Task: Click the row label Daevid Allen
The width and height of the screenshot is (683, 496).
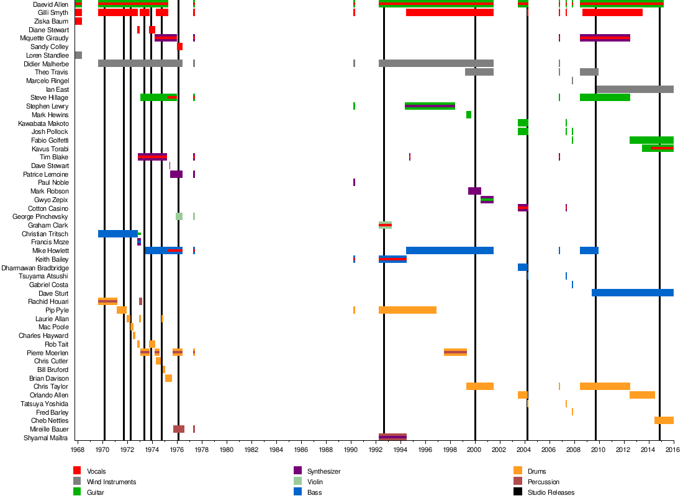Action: (51, 4)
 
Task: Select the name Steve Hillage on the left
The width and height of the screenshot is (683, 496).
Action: (50, 98)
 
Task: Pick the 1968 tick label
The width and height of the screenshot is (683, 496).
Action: (78, 449)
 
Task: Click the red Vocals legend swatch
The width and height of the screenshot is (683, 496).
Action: (78, 471)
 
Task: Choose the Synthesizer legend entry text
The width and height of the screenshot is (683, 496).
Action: (324, 471)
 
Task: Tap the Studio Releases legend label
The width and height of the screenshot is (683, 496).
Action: (551, 492)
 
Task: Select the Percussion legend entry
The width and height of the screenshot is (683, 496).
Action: (543, 482)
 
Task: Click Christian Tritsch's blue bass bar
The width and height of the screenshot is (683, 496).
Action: (117, 234)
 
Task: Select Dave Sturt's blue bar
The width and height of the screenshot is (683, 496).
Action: (632, 293)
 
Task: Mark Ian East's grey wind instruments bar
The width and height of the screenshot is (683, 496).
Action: (635, 89)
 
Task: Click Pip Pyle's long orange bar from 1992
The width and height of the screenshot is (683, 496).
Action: (407, 310)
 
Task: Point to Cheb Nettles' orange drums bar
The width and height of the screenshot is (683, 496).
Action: (664, 420)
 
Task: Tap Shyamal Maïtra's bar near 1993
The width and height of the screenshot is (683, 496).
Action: (392, 437)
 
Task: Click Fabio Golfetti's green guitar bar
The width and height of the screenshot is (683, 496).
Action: (651, 140)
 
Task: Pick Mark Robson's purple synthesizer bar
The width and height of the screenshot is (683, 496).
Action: (474, 191)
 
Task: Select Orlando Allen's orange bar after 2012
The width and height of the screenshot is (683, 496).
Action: (642, 395)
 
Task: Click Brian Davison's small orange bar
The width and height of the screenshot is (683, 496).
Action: (168, 378)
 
